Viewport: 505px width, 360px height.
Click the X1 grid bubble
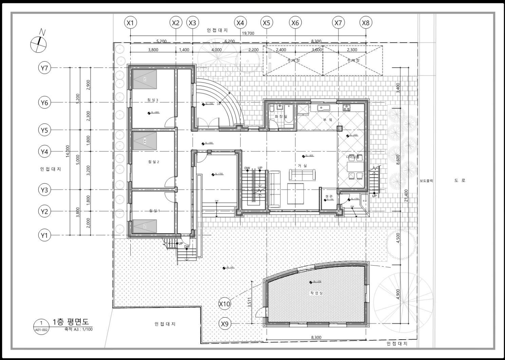pos(130,23)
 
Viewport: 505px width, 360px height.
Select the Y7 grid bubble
pos(44,68)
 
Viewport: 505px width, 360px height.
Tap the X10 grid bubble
pos(225,304)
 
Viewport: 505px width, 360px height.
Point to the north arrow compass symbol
pos(38,43)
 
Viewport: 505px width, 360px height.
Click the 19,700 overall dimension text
pos(248,33)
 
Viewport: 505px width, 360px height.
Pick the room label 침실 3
pos(153,100)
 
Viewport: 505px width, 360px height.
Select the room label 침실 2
pos(153,162)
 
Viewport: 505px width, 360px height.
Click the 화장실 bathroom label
pos(281,116)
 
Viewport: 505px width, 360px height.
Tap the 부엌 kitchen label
pos(328,120)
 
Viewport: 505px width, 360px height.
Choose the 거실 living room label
pos(302,166)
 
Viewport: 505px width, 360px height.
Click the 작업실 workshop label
pos(316,293)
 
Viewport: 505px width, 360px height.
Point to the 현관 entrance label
pos(329,196)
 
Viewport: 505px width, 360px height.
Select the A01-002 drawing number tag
pos(41,329)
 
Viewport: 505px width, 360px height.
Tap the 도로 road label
pos(460,180)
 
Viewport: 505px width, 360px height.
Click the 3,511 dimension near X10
pos(249,302)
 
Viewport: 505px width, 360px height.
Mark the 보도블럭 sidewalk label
pos(427,181)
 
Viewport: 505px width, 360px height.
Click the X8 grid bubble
pos(366,23)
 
